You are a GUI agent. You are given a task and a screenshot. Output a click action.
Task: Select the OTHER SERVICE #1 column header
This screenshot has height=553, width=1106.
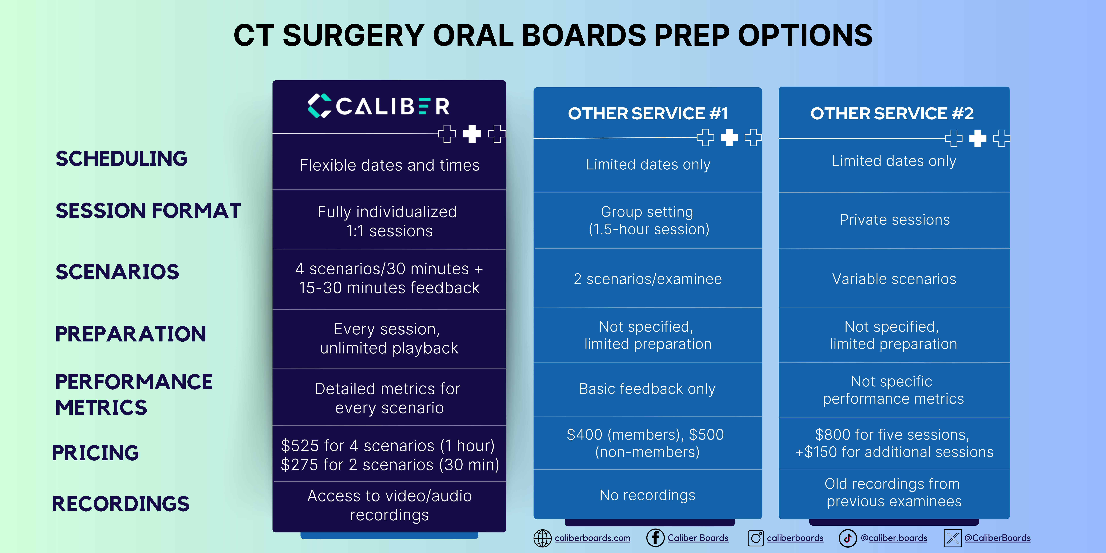(647, 114)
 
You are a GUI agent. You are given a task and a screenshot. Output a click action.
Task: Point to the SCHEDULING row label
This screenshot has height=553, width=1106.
(121, 159)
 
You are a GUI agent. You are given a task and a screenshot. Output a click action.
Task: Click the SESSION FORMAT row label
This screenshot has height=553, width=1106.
(148, 211)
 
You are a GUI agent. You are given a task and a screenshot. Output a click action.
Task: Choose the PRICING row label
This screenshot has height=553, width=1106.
(95, 453)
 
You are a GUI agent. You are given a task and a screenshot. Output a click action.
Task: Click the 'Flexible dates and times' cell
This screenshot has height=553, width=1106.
(389, 165)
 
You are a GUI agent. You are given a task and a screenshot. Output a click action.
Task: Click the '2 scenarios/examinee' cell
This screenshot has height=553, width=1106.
(647, 279)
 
